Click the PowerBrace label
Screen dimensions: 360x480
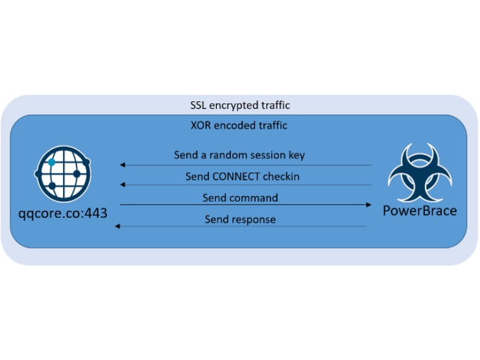419,211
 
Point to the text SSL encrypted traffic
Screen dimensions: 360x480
239,105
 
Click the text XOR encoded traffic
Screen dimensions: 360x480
240,125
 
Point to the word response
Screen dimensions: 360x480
255,219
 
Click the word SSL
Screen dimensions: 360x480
198,105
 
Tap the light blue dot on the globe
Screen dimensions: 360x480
53,162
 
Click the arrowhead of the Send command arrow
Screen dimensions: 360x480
368,205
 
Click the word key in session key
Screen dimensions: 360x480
296,156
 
